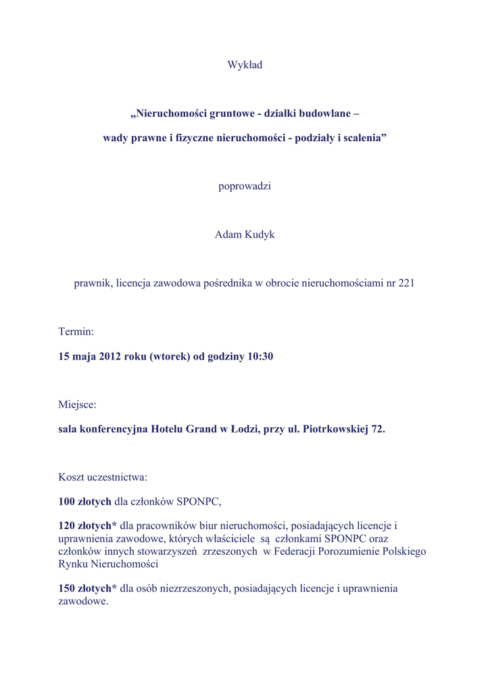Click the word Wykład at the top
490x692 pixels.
click(x=245, y=65)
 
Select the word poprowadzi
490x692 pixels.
click(x=245, y=186)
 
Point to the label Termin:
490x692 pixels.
click(x=76, y=332)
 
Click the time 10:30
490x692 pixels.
click(x=260, y=356)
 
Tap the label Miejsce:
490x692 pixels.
click(x=77, y=405)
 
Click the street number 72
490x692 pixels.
click(x=377, y=429)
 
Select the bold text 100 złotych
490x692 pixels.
click(x=85, y=501)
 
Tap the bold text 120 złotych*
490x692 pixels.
click(x=88, y=526)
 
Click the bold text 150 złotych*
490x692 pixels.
click(x=88, y=589)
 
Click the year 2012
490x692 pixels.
click(x=109, y=356)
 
